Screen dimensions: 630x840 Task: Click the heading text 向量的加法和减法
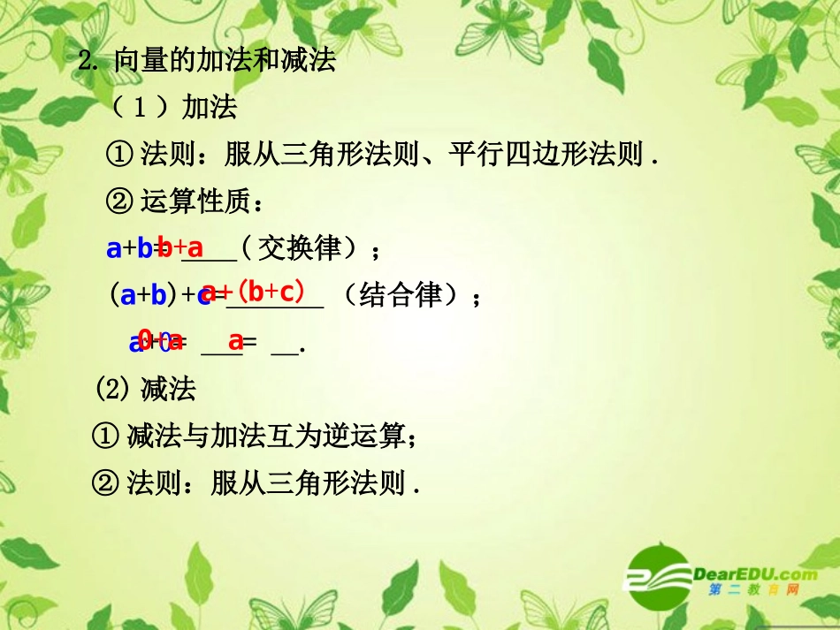[225, 61]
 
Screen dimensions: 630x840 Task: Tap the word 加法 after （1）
[210, 108]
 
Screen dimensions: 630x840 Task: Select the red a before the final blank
[235, 340]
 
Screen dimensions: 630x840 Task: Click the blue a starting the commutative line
[114, 249]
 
